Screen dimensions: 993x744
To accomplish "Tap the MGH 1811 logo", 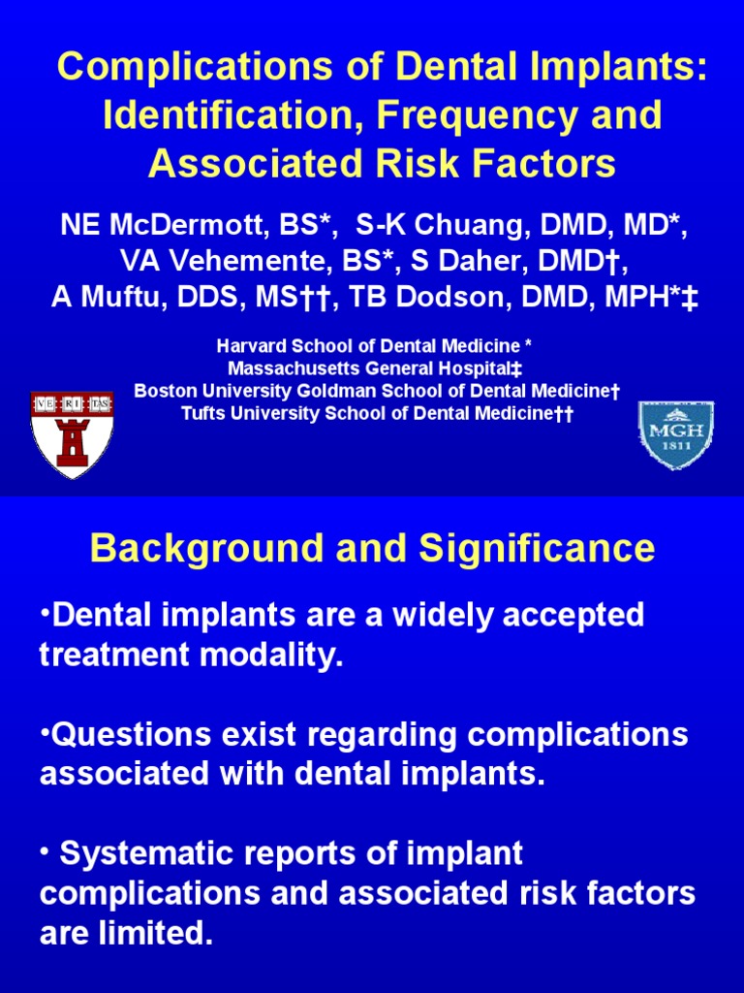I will click(x=675, y=434).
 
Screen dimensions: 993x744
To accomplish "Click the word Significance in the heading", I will click(x=537, y=550).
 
